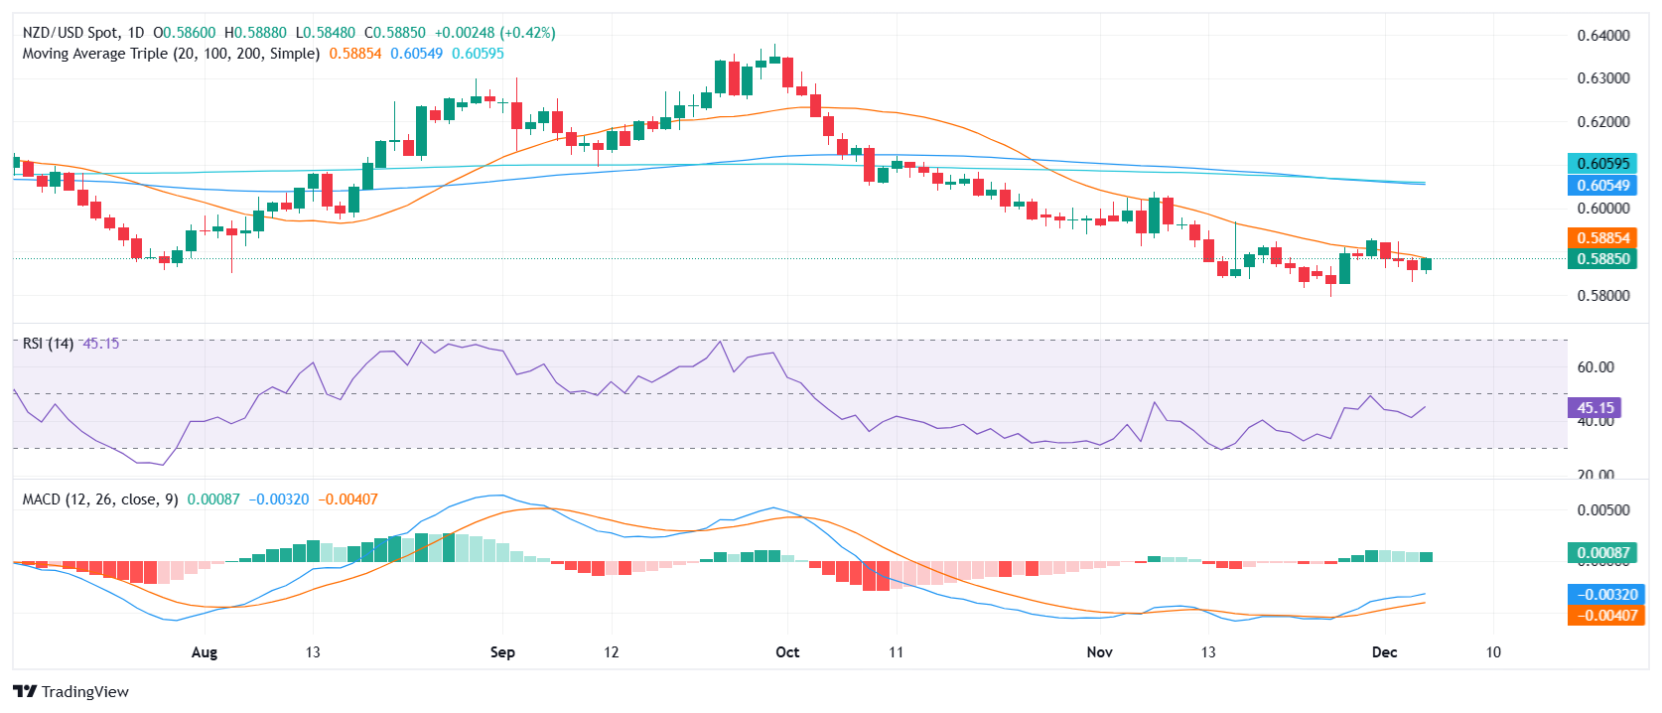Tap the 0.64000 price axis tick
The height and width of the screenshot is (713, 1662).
(1603, 36)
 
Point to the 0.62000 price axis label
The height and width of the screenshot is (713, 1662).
(1603, 122)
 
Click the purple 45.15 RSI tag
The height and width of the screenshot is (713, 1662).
(1594, 408)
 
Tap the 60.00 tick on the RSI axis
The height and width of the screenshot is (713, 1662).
(1595, 367)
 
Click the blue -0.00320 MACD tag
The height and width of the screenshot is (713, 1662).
(1605, 595)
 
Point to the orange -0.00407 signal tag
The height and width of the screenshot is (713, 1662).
(1605, 616)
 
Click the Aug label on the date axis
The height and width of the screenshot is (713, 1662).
(204, 652)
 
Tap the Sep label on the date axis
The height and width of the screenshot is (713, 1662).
(502, 652)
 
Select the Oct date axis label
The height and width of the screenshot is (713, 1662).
(787, 652)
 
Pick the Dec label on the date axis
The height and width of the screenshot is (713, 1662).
(1384, 652)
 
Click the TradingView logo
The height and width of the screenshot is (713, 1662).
(71, 692)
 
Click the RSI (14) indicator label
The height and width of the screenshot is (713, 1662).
(48, 344)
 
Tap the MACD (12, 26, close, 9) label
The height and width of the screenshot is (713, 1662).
(100, 499)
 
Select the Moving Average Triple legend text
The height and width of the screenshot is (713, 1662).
(171, 54)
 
